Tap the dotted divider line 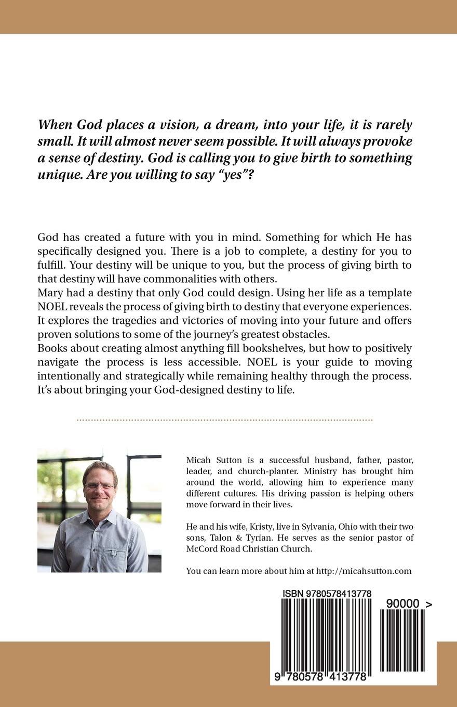[x=224, y=418]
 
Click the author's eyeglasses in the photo [x=99, y=486]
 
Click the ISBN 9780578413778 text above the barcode [x=327, y=593]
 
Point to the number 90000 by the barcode [x=402, y=603]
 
